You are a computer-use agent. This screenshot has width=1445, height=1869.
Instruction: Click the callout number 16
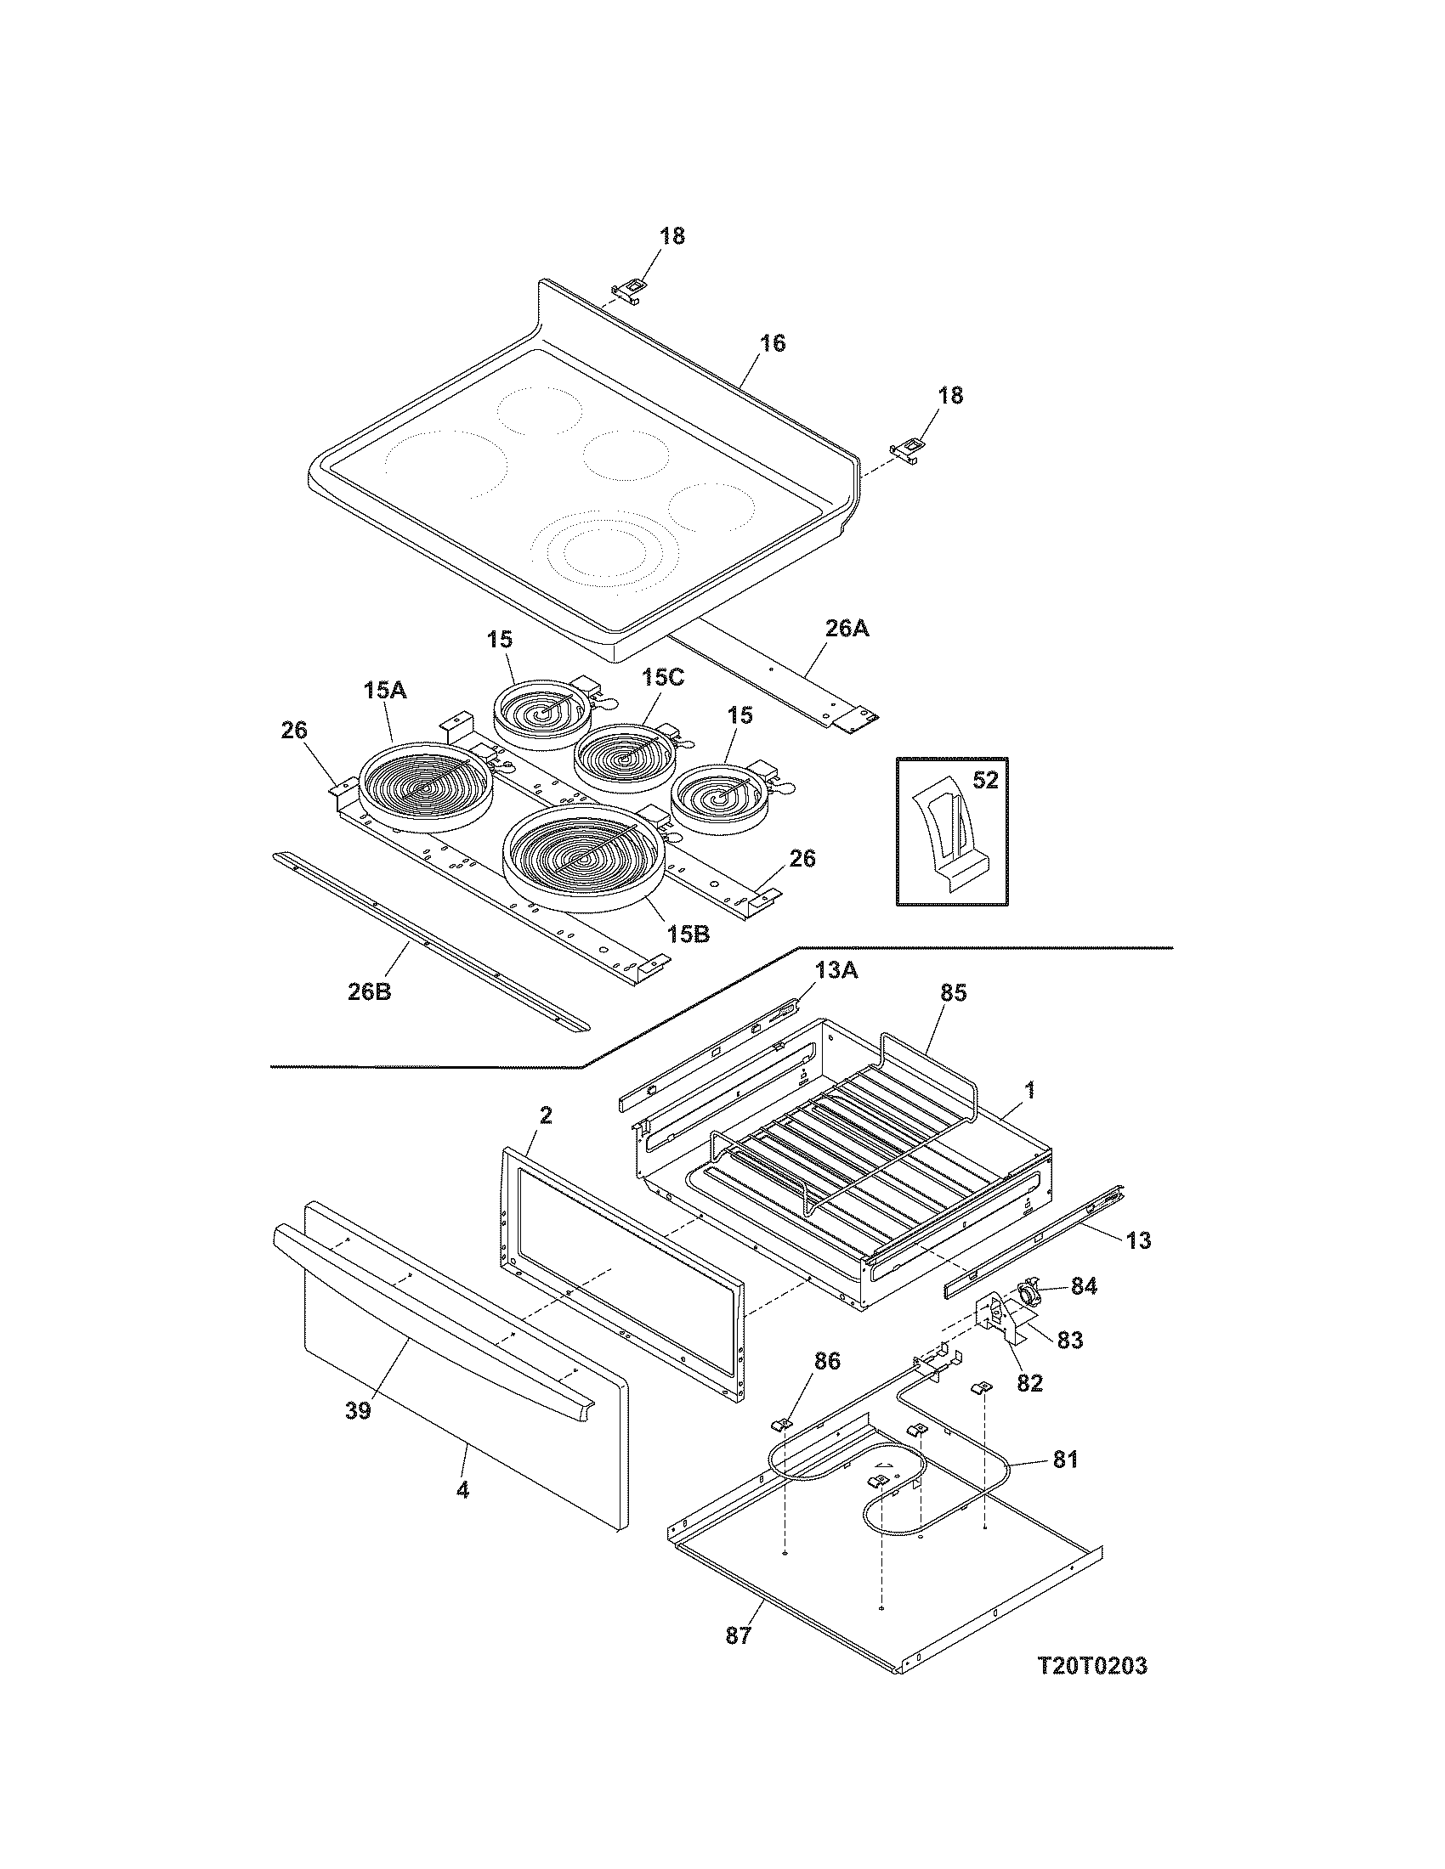[771, 343]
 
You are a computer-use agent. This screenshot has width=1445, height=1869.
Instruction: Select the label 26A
[847, 629]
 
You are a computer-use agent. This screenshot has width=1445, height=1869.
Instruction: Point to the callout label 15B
[688, 934]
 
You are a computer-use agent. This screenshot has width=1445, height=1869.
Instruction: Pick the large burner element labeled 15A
[428, 786]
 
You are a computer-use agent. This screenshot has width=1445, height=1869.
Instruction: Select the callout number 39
[358, 1409]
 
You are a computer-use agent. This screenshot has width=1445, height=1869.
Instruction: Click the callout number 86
[827, 1360]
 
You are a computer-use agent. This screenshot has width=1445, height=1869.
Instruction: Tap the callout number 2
[546, 1115]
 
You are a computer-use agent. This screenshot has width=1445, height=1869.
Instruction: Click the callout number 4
[462, 1490]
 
